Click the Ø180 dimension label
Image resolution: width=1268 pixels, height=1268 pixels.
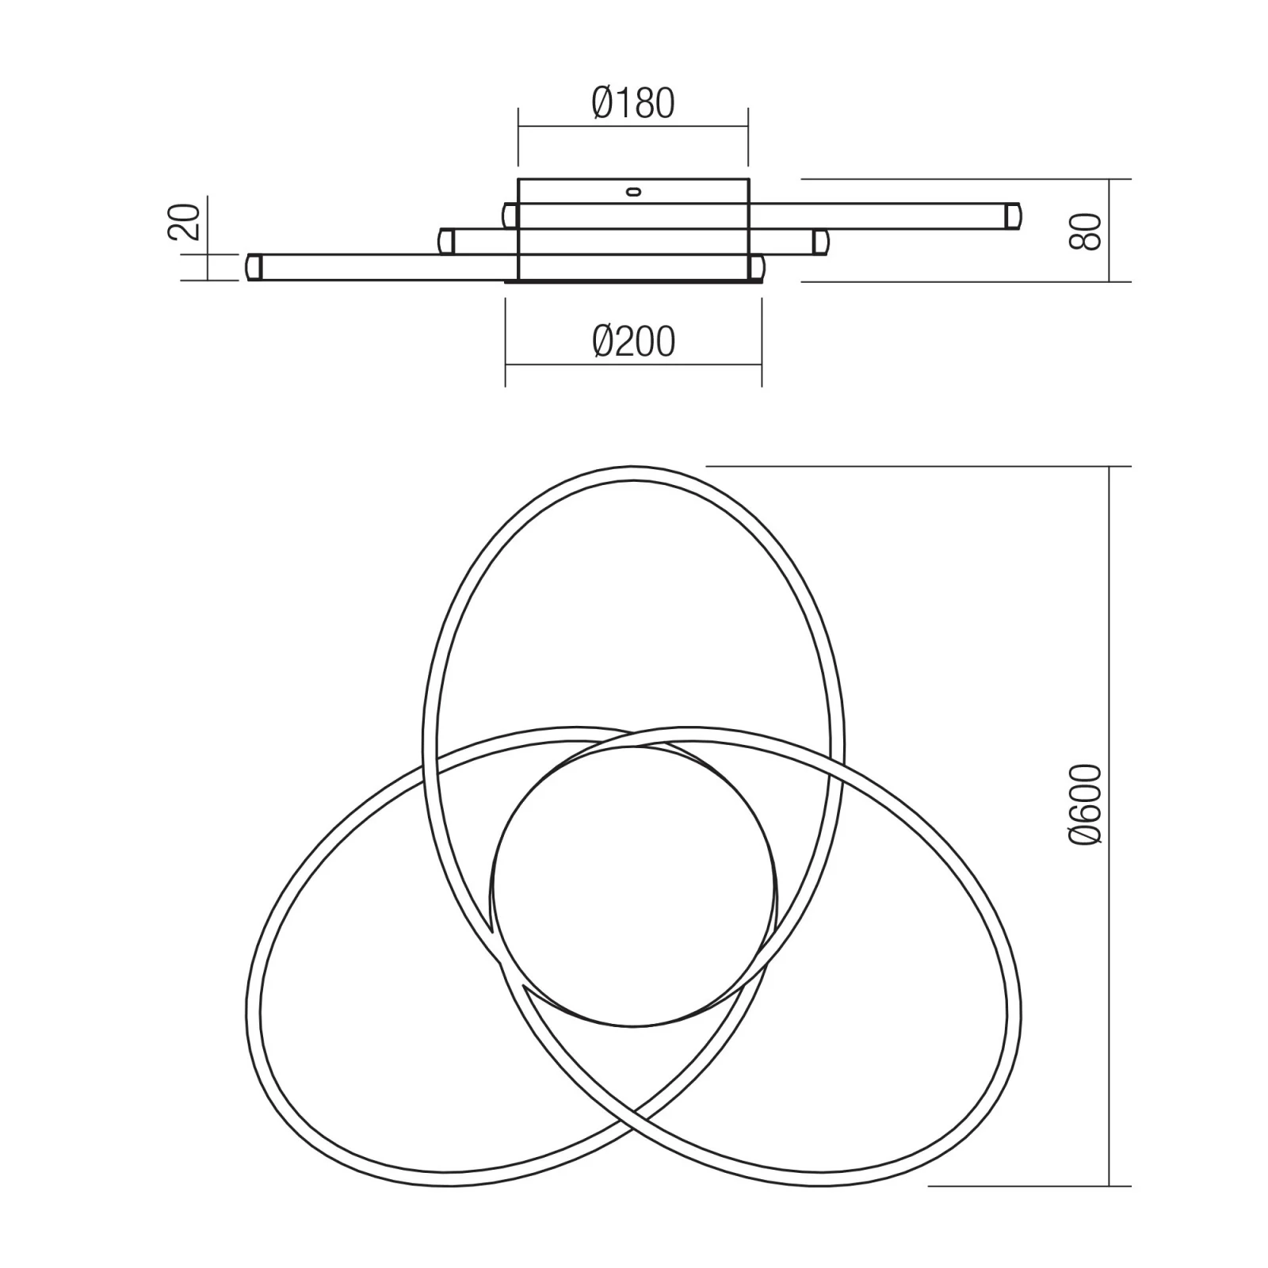[633, 103]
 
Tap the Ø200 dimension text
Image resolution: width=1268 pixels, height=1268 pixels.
[633, 342]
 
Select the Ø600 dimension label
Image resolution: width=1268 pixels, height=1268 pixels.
[1085, 804]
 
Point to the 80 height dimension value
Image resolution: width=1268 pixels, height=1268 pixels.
[1085, 231]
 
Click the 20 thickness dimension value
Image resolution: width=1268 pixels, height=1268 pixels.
[184, 222]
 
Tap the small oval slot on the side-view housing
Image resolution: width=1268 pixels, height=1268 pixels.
[633, 190]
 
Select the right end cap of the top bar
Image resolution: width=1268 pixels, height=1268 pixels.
[1013, 216]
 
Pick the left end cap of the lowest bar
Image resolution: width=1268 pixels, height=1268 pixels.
[254, 266]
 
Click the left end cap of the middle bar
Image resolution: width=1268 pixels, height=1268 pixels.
[447, 241]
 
